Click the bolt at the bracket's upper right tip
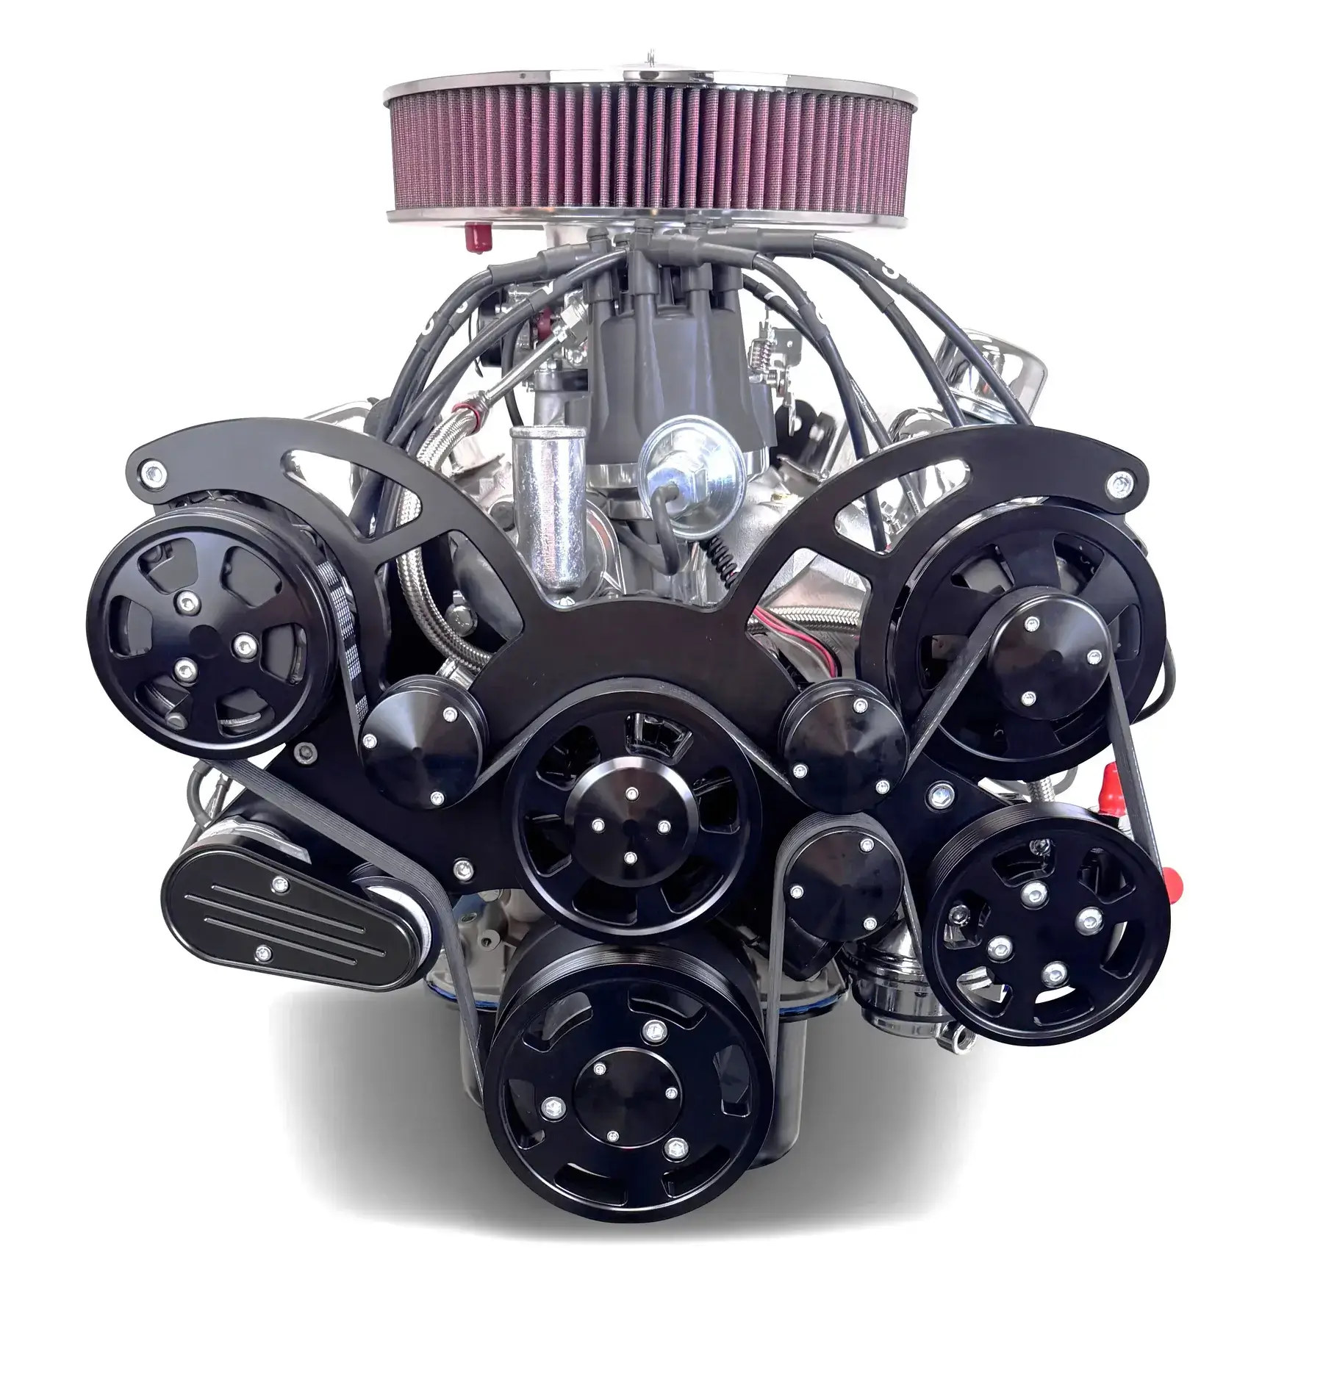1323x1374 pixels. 1119,483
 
